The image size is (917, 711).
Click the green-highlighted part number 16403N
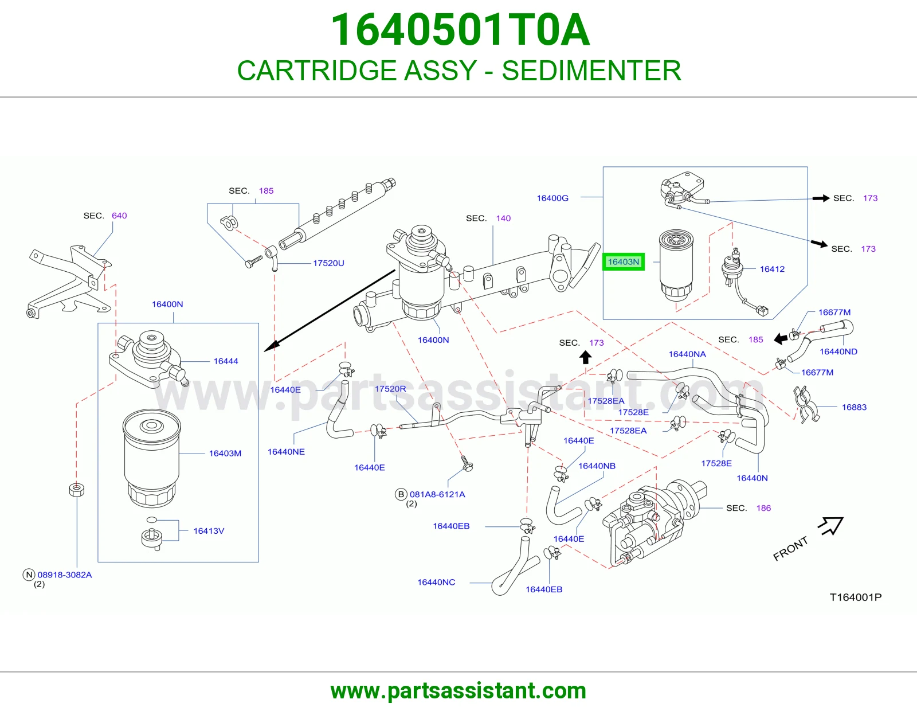click(624, 262)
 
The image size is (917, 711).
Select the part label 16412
click(772, 269)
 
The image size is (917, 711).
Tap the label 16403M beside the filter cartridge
click(225, 453)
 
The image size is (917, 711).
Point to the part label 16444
click(226, 361)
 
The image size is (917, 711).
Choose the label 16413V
click(209, 531)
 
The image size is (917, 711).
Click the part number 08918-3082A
click(65, 575)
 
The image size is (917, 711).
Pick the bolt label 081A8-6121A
click(437, 494)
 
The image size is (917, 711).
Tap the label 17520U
click(328, 263)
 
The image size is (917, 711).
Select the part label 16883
click(854, 407)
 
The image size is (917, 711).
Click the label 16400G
click(552, 198)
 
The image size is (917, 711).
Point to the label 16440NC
click(436, 582)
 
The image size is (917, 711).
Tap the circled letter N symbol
click(29, 575)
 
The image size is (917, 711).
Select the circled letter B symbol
click(401, 494)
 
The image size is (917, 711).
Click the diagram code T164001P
click(855, 597)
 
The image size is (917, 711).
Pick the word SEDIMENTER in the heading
click(591, 71)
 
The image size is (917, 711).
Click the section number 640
click(119, 216)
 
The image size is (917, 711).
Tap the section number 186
click(763, 508)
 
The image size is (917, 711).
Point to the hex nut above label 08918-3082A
click(76, 490)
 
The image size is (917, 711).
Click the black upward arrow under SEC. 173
click(585, 358)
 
